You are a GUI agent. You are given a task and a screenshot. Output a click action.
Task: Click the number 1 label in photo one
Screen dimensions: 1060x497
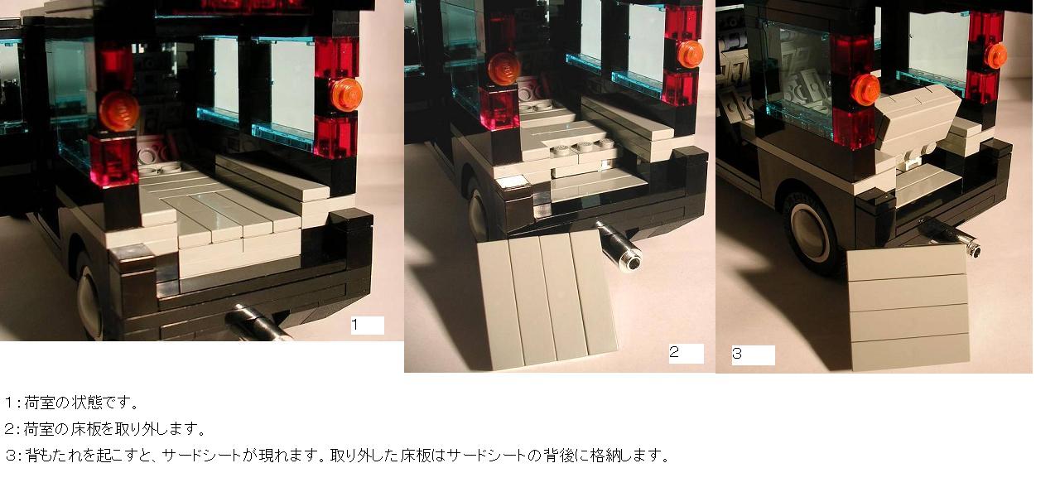(x=355, y=325)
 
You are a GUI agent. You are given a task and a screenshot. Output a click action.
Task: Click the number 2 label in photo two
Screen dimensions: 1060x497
(x=674, y=352)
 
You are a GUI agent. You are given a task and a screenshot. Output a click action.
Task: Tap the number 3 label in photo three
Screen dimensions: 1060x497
(x=737, y=354)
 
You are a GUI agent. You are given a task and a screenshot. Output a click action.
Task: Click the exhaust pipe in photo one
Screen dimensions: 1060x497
(x=258, y=323)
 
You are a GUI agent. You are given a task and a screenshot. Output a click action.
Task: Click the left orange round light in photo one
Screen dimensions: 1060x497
(x=118, y=111)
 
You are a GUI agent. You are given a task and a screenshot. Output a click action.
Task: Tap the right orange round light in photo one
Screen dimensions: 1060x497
(x=346, y=94)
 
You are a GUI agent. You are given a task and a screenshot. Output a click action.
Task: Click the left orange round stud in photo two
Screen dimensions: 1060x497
(x=504, y=69)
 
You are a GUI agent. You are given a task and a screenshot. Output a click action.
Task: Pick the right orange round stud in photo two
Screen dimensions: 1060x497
(x=690, y=55)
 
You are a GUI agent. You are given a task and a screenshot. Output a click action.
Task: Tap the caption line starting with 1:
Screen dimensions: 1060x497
(x=72, y=403)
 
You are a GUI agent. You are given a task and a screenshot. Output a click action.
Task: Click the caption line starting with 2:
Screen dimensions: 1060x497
(x=105, y=429)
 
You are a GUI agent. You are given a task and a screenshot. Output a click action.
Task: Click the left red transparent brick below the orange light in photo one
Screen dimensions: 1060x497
(x=114, y=160)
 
